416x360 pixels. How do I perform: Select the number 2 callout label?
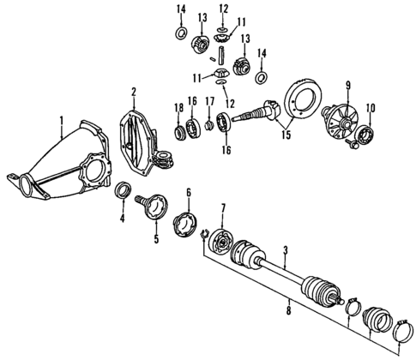[134, 91]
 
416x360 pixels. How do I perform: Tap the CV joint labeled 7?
[223, 243]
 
